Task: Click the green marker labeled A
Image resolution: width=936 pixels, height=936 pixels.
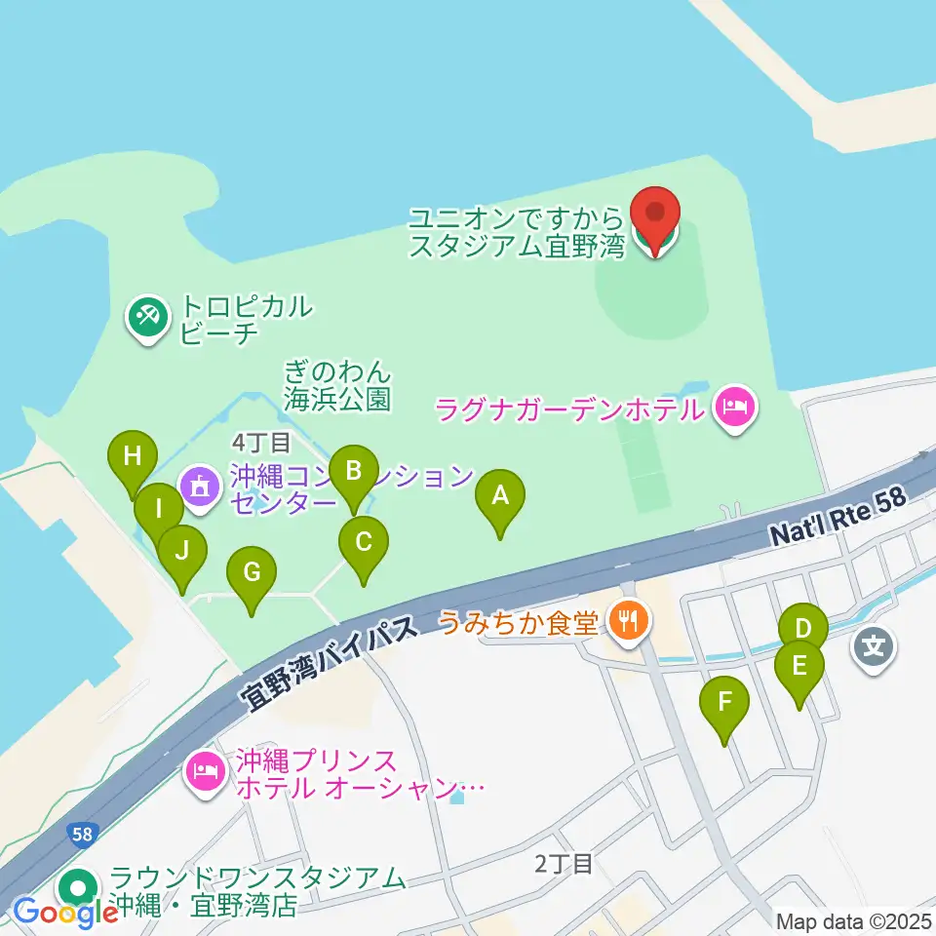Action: click(500, 498)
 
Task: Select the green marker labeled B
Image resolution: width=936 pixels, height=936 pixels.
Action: click(353, 472)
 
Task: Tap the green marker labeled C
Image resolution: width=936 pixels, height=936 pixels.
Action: click(364, 542)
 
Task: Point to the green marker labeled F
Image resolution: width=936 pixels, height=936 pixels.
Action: click(724, 702)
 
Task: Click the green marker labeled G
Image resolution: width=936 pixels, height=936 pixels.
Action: click(252, 573)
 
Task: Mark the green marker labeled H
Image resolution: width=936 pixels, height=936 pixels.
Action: click(134, 456)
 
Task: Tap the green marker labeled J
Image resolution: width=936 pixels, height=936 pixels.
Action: click(182, 551)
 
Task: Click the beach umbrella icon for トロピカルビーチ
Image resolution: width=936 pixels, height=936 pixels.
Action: click(148, 318)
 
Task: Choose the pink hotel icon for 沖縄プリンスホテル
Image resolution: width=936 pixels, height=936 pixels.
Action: click(205, 772)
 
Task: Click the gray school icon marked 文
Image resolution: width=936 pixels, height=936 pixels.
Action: click(873, 644)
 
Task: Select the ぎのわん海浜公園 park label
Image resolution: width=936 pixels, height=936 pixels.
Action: click(338, 384)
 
